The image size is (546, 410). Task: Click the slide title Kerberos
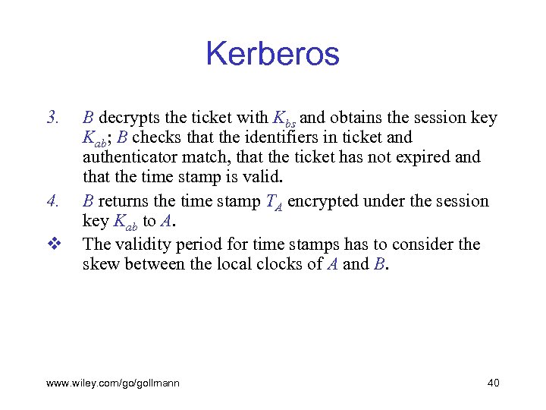tap(272, 55)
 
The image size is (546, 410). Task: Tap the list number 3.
tap(52, 118)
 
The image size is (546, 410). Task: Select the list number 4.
tap(52, 202)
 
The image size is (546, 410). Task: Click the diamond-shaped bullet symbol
tap(52, 244)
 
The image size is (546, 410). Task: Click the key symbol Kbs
tap(283, 119)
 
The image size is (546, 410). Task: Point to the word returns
tap(123, 201)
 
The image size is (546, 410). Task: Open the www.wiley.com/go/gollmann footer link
tap(113, 383)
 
